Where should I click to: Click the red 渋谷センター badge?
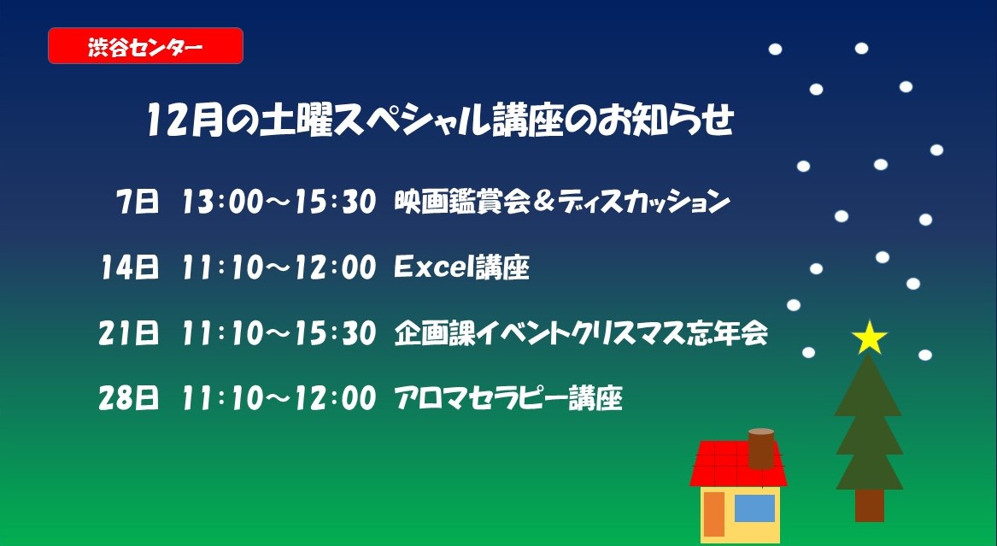point(145,46)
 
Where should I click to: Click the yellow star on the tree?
point(870,338)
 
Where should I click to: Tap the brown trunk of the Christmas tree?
point(869,504)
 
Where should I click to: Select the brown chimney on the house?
point(760,448)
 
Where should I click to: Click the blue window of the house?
point(754,508)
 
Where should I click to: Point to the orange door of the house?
point(713,514)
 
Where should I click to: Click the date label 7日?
point(138,203)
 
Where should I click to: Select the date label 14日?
point(129,268)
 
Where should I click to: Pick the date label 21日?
point(129,334)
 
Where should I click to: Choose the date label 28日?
point(129,398)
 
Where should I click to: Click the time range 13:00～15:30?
point(279,203)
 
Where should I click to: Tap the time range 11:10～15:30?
point(279,334)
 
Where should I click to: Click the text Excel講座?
point(461,268)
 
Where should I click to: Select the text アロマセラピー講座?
point(507,398)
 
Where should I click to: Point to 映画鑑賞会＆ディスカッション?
point(561,203)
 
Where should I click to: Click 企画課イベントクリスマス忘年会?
point(580,334)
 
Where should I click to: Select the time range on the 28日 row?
point(279,398)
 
